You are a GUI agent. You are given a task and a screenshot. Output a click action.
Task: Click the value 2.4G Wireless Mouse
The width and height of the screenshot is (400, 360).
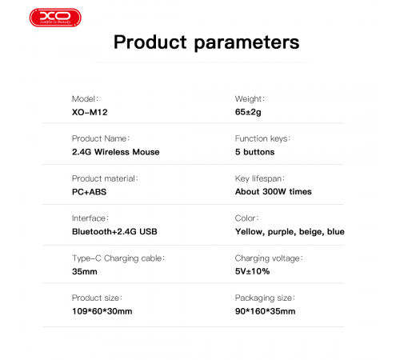click(115, 151)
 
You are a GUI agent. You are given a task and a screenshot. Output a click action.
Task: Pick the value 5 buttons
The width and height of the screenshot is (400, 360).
click(254, 151)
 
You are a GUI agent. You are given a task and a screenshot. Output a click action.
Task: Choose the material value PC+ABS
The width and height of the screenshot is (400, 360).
click(90, 191)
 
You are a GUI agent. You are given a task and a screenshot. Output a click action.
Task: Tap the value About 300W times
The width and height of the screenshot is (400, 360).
click(273, 191)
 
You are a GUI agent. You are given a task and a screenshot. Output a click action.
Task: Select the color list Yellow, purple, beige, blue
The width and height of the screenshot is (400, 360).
click(290, 231)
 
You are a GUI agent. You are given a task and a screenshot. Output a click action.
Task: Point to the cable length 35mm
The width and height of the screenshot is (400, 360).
click(84, 271)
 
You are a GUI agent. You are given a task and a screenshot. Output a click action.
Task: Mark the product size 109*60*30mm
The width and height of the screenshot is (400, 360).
click(102, 310)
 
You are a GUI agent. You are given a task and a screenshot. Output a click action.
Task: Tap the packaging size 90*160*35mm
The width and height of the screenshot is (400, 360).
click(265, 310)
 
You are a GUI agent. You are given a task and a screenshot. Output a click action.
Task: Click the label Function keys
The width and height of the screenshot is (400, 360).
click(262, 138)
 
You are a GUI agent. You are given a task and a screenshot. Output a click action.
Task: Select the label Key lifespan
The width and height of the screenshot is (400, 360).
click(260, 178)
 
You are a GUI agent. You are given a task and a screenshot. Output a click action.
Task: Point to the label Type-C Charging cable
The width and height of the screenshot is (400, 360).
click(118, 258)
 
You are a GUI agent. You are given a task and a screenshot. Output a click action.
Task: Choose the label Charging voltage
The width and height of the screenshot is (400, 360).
click(267, 258)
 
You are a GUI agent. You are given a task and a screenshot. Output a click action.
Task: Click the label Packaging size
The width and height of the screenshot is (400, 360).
click(264, 298)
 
